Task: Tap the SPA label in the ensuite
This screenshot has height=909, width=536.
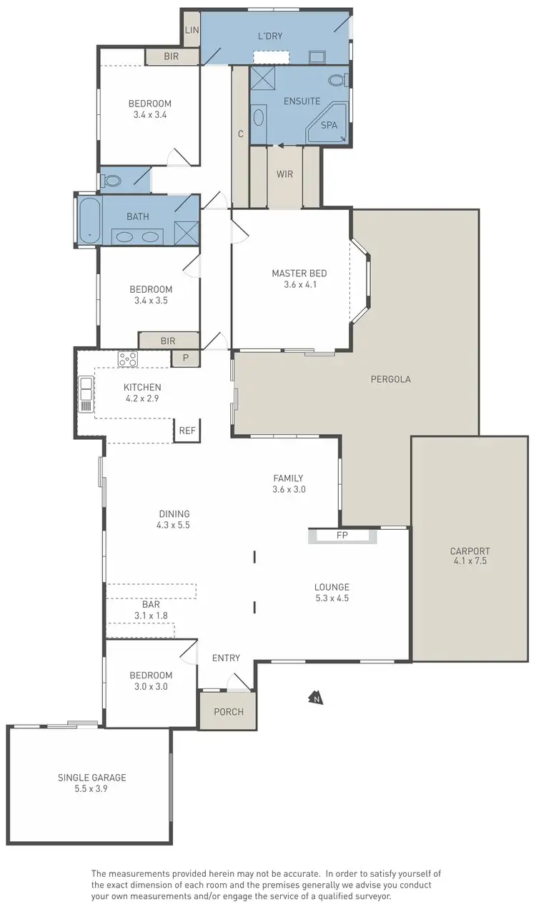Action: (329, 125)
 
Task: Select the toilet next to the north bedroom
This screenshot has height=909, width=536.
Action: (111, 181)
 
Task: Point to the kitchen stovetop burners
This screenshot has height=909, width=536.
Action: (128, 359)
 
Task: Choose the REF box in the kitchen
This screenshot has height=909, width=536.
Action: (187, 431)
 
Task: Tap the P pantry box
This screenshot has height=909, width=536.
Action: (185, 358)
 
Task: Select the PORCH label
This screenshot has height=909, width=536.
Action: (229, 712)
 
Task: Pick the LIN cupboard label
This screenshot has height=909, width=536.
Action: (192, 30)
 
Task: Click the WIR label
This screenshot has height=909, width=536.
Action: (284, 174)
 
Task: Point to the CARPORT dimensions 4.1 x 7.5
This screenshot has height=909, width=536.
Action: (470, 562)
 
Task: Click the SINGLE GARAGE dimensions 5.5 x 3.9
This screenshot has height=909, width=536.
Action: (91, 789)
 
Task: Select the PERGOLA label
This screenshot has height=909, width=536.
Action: (390, 379)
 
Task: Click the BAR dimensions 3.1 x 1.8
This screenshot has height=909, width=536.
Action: (151, 615)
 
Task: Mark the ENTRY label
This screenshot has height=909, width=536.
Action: (226, 658)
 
